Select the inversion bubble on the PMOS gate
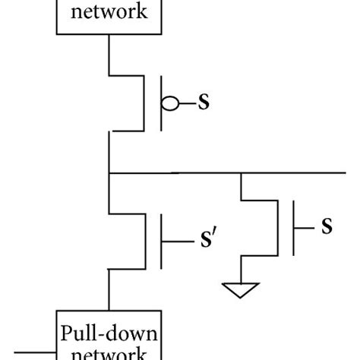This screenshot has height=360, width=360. pyautogui.click(x=171, y=103)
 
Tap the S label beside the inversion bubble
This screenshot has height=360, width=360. pyautogui.click(x=204, y=102)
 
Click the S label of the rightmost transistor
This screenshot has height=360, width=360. pyautogui.click(x=327, y=226)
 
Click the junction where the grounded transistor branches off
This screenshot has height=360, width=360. pyautogui.click(x=241, y=174)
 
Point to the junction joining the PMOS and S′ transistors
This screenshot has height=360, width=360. pyautogui.click(x=109, y=174)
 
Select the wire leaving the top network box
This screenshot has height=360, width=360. pyautogui.click(x=109, y=53)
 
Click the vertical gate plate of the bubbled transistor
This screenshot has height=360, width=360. pyautogui.click(x=161, y=103)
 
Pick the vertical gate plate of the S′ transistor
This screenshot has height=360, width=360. pyautogui.click(x=161, y=241)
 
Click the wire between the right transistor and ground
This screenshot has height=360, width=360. pyautogui.click(x=241, y=270)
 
